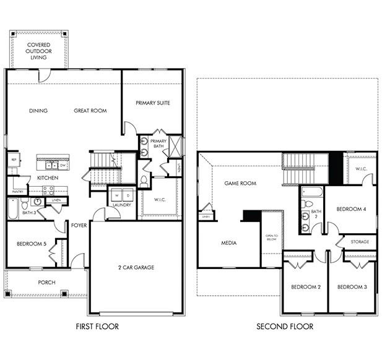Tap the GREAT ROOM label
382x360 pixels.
tap(90, 111)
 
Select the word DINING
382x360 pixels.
tap(38, 111)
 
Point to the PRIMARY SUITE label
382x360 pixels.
tap(152, 103)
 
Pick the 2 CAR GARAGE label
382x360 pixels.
tap(136, 267)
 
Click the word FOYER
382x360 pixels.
tap(79, 225)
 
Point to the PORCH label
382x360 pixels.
tap(46, 282)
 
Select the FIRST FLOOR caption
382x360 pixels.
tap(97, 326)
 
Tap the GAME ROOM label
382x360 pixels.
tap(240, 183)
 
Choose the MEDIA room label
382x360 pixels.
tap(228, 243)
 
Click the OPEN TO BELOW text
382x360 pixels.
tap(271, 238)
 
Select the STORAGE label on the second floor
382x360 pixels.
tap(360, 241)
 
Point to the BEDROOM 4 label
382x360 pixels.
tap(351, 209)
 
